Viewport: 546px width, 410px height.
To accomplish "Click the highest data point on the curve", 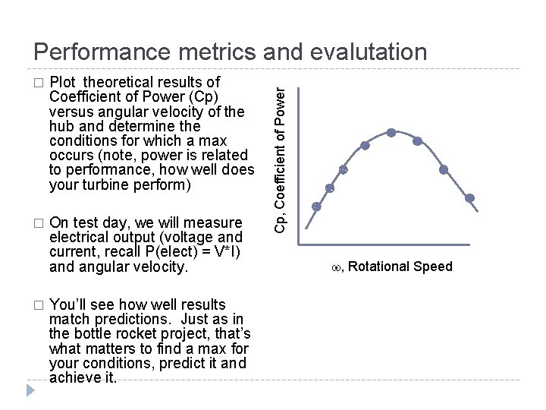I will (x=391, y=132).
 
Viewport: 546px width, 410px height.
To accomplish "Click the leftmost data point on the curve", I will (x=317, y=206).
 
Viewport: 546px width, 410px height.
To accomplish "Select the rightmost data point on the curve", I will (x=470, y=198).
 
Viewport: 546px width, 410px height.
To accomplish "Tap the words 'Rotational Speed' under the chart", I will (x=400, y=266).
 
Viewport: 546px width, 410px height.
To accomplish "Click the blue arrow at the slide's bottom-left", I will (x=30, y=392).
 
